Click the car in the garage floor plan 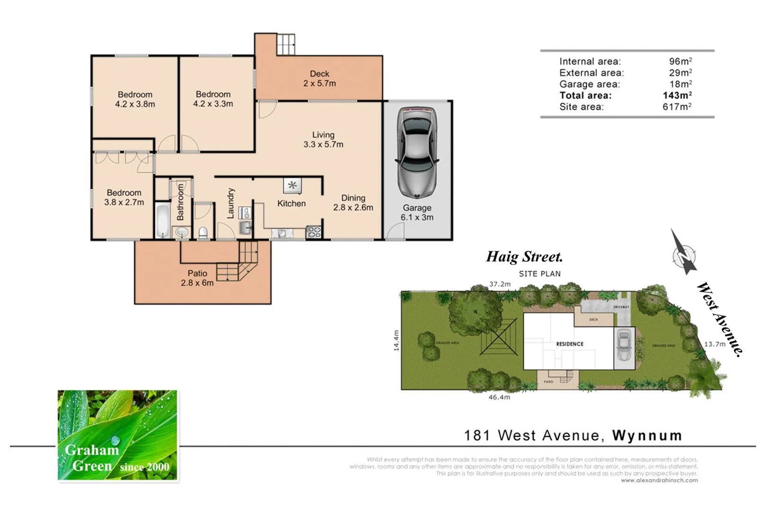417,152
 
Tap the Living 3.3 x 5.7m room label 323,140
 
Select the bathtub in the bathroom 162,221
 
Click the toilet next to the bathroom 203,232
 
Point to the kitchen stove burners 314,232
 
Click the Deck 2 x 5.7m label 319,79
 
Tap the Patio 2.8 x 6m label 197,278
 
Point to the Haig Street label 524,257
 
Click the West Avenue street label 719,318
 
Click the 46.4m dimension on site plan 499,397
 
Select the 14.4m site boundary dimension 396,340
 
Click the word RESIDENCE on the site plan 570,344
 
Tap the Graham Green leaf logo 117,435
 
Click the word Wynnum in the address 647,435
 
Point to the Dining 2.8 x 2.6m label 353,203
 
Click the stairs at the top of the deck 286,44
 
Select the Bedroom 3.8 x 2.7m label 124,197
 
